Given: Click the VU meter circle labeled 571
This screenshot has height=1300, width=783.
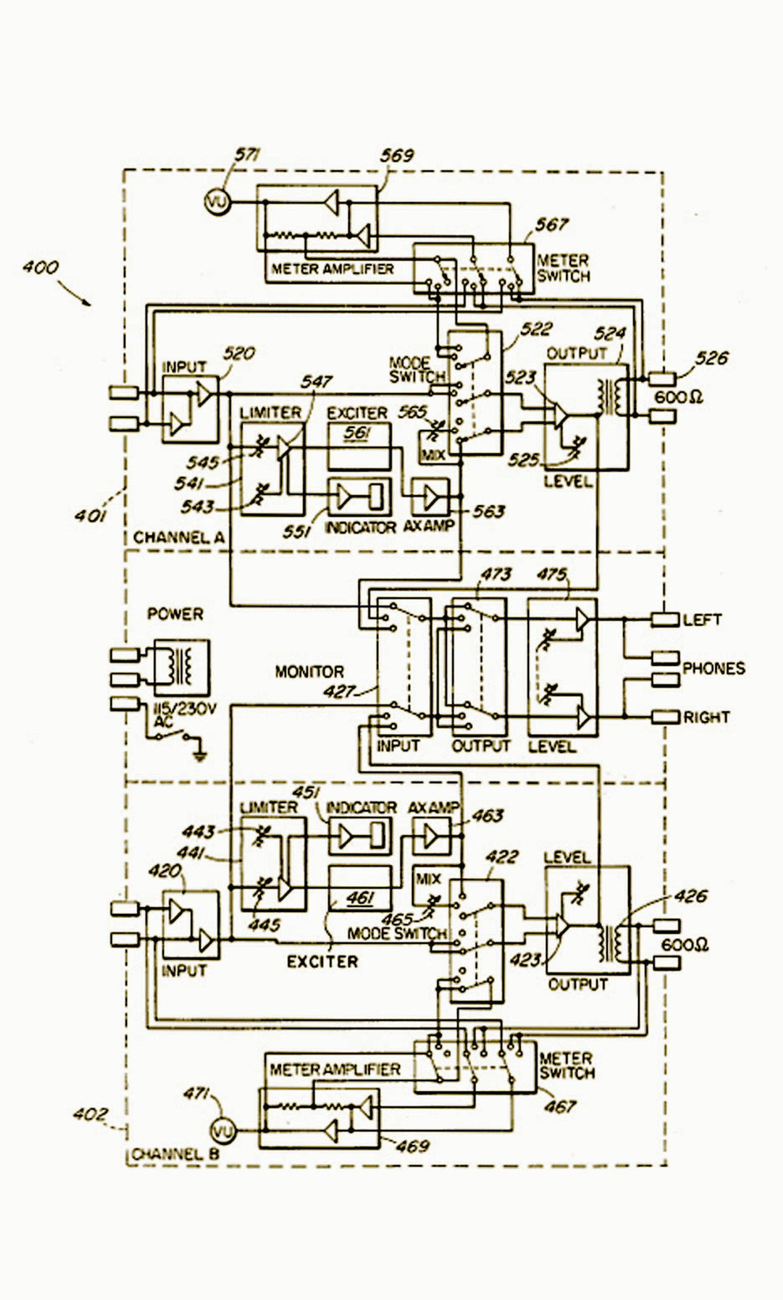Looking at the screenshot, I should point(217,202).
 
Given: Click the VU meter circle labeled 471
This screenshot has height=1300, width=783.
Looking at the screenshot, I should point(222,1131).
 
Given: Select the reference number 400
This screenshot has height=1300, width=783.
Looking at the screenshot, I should point(41,267).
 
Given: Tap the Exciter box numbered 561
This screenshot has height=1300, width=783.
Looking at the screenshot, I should point(359,446).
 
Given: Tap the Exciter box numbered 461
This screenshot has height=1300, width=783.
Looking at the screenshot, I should point(359,888).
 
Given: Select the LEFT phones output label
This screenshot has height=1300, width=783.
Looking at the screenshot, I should point(702,620).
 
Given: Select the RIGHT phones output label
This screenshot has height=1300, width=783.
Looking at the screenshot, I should point(706,717).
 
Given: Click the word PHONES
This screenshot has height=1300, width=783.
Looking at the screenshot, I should point(713,668).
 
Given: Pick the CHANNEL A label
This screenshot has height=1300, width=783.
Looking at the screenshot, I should point(178,538).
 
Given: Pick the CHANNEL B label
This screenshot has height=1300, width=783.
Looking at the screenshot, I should point(175,1154).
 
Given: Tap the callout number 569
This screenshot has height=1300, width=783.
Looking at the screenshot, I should point(397,156).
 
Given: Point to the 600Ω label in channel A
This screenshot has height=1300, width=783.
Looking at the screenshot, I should point(678,398).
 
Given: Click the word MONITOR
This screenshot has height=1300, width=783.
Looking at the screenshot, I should point(309,672).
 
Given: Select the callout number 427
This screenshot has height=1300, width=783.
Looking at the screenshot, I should point(339,691).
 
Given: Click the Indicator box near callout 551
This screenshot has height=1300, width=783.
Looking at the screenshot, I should point(359,496).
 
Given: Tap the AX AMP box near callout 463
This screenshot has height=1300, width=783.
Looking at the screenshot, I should point(432,836).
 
